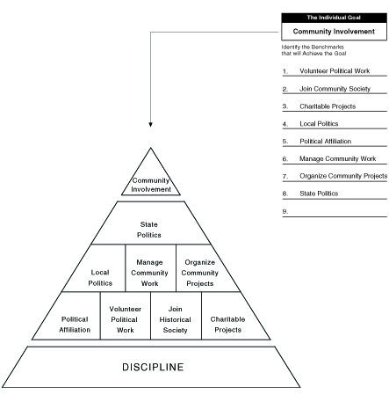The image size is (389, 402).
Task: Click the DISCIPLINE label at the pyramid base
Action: pyautogui.click(x=153, y=367)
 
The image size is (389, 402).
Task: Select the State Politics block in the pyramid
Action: pyautogui.click(x=151, y=223)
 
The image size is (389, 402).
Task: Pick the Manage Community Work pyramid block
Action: pyautogui.click(x=150, y=268)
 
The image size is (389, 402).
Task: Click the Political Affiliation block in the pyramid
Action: pyautogui.click(x=70, y=316)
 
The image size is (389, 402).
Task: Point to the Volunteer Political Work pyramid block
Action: pyautogui.click(x=126, y=316)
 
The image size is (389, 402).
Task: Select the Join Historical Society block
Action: pyautogui.click(x=176, y=316)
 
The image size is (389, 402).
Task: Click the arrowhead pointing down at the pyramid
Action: pyautogui.click(x=150, y=125)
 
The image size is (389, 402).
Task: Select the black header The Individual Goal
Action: pyautogui.click(x=334, y=18)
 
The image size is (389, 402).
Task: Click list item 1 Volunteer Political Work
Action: pyautogui.click(x=335, y=71)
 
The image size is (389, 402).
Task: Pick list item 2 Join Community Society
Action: pyautogui.click(x=335, y=89)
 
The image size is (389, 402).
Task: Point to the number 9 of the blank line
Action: pyautogui.click(x=285, y=211)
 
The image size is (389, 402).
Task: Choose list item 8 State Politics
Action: pyautogui.click(x=319, y=194)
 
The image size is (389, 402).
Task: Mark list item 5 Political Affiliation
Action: pyautogui.click(x=325, y=142)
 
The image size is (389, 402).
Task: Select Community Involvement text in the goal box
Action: pyautogui.click(x=334, y=32)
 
